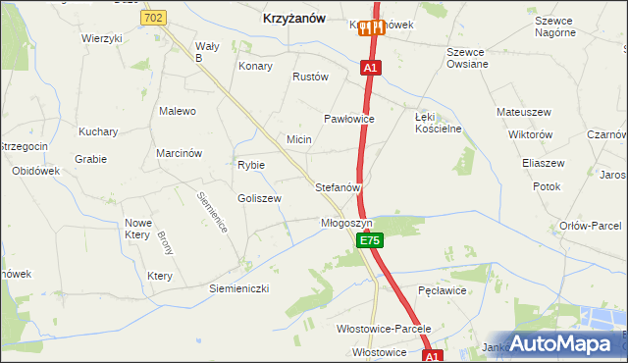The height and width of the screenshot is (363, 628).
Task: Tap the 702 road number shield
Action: pyautogui.click(x=153, y=18)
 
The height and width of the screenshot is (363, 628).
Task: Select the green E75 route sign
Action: pyautogui.click(x=369, y=240)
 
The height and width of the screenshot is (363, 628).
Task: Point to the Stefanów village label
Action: pyautogui.click(x=339, y=186)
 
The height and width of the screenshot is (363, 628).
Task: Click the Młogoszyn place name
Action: pyautogui.click(x=347, y=223)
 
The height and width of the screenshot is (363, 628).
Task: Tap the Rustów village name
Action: pyautogui.click(x=310, y=77)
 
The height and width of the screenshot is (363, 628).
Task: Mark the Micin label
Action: pyautogui.click(x=299, y=139)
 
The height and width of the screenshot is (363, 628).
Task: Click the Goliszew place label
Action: pyautogui.click(x=259, y=198)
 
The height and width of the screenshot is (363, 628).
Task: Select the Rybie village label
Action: pyautogui.click(x=251, y=165)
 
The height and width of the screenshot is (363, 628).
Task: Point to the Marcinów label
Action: pyautogui.click(x=179, y=153)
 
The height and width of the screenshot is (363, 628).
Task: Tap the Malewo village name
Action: pyautogui.click(x=178, y=111)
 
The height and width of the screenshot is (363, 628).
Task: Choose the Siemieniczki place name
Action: pyautogui.click(x=238, y=288)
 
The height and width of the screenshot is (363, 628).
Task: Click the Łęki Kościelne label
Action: pyautogui.click(x=438, y=123)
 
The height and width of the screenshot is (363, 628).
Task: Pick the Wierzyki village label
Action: pyautogui.click(x=102, y=38)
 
